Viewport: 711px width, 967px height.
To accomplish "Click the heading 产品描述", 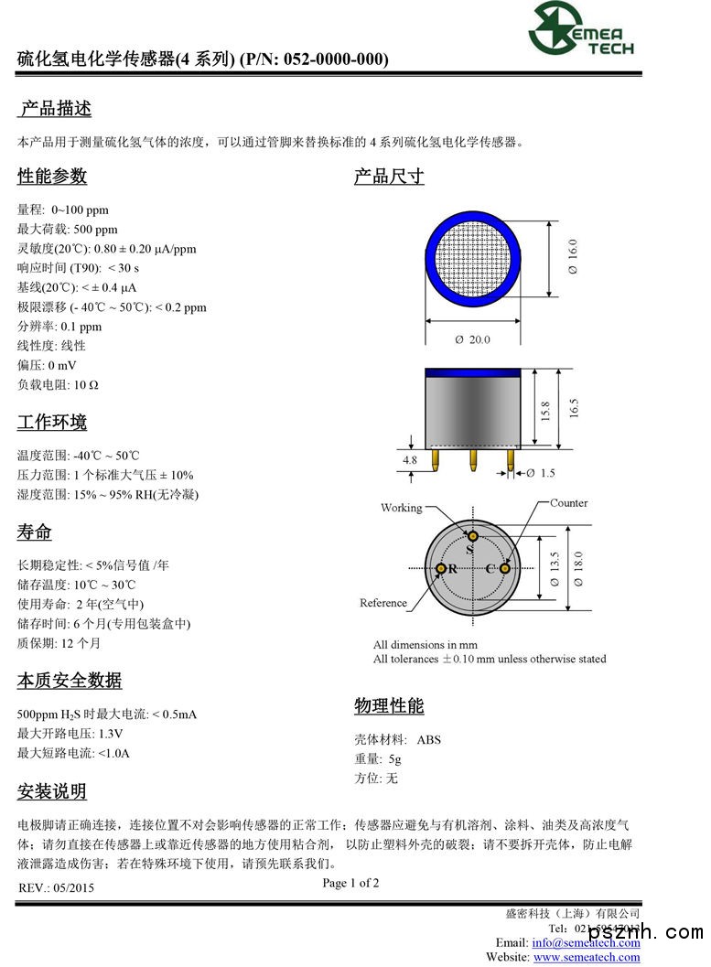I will tap(56, 109).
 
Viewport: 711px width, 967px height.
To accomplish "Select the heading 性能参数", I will tap(52, 176).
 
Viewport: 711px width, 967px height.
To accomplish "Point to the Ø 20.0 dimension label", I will tap(472, 339).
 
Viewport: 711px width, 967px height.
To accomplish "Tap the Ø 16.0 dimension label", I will tap(573, 257).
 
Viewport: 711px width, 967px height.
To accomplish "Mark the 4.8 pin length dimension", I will tap(410, 460).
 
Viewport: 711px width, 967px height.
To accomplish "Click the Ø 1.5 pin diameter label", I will tap(540, 473).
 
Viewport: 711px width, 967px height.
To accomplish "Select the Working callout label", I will tap(402, 508).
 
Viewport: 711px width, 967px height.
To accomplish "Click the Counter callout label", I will tap(568, 503).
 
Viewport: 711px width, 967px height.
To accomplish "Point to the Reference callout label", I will tap(383, 603).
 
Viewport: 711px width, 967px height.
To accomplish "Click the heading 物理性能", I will tap(389, 706).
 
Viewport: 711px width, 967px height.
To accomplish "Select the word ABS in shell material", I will tap(428, 739).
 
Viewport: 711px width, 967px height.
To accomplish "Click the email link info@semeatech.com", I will tap(586, 942).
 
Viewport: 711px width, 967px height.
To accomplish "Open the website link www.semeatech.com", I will tap(587, 957).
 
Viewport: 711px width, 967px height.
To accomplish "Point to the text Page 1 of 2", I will tap(350, 883).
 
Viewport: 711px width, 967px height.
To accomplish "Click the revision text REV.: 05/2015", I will tap(56, 887).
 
